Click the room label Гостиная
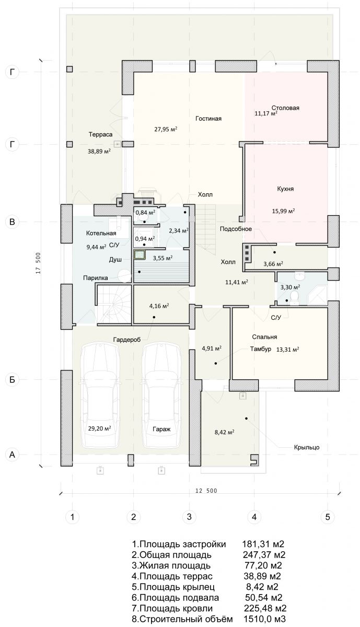[208, 119]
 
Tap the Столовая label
[285, 108]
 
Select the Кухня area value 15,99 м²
[283, 211]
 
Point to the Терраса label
[100, 134]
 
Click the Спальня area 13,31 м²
[287, 350]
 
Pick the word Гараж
[161, 429]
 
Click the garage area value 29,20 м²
[100, 428]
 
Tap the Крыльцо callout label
[307, 447]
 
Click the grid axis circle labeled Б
[12, 379]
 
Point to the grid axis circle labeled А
[12, 455]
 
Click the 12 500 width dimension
[206, 491]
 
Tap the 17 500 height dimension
[38, 263]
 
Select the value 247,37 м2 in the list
[264, 555]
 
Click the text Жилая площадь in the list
[175, 565]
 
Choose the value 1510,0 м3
[264, 619]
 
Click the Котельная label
[101, 233]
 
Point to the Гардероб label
[127, 340]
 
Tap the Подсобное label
[236, 229]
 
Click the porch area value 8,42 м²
[224, 432]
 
